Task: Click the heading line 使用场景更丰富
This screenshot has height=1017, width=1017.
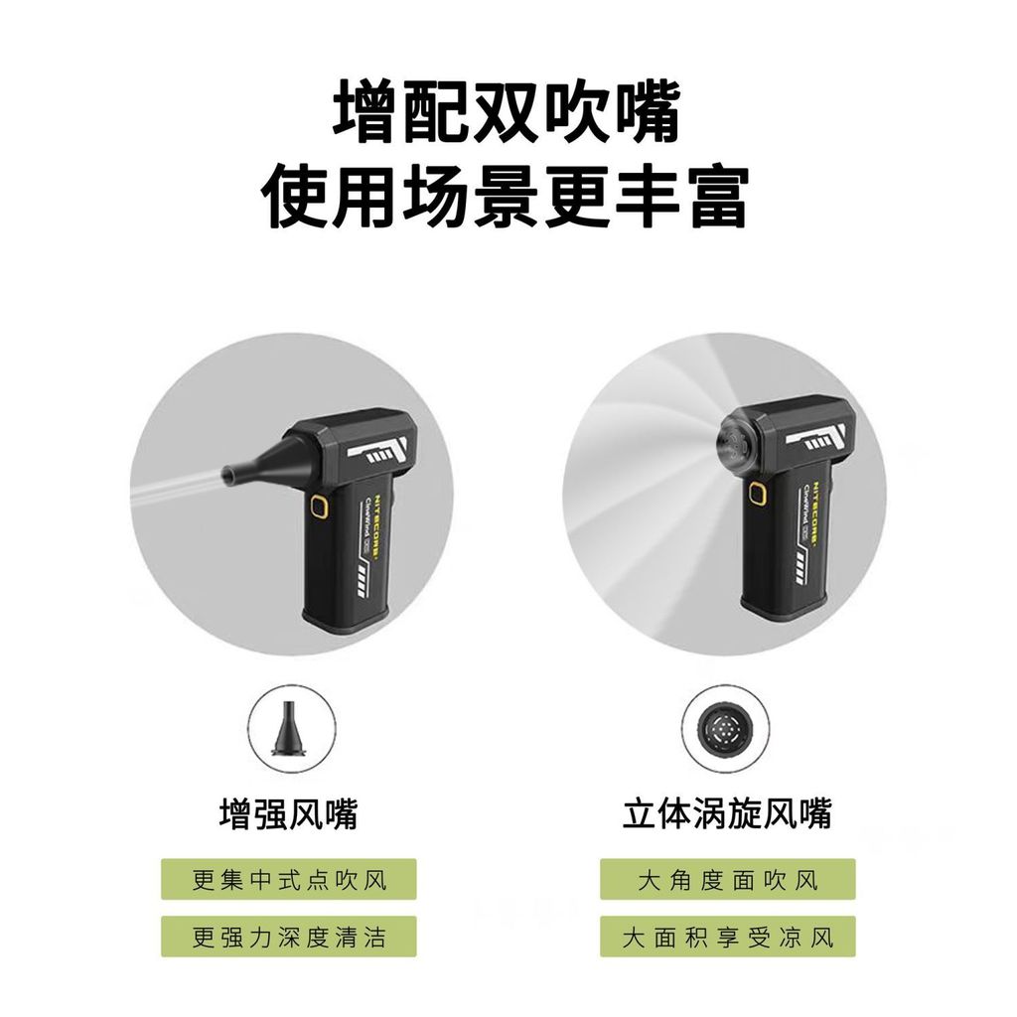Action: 508,197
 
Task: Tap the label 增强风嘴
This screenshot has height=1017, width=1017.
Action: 288,814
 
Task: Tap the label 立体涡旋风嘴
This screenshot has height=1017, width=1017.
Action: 727,814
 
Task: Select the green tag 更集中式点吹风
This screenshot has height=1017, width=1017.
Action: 289,879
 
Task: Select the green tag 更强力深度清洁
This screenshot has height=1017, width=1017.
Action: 289,937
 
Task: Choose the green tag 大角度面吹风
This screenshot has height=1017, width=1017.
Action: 727,879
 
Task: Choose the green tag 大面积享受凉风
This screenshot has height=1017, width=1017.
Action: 727,937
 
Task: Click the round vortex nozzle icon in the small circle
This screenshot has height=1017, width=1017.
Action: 727,728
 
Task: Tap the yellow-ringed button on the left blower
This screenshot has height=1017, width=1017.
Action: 319,509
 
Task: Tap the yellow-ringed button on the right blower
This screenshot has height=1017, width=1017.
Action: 757,494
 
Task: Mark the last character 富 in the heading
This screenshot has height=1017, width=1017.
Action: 716,197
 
